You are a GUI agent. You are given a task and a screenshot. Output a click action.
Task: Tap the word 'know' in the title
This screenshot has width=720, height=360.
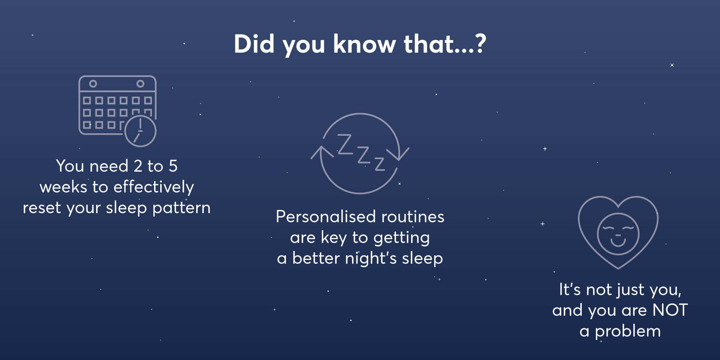[x=364, y=44]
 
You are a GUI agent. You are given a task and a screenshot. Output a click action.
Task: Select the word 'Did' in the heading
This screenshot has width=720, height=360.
[x=254, y=44]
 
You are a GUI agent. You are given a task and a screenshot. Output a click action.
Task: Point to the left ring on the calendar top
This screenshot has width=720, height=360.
[x=93, y=84]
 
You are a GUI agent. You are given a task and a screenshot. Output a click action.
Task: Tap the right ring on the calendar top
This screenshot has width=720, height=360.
[x=140, y=84]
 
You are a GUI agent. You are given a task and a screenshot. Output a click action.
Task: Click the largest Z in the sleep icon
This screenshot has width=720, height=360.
[x=345, y=144]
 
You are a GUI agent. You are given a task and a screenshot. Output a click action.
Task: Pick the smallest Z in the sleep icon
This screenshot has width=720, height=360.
[x=380, y=164]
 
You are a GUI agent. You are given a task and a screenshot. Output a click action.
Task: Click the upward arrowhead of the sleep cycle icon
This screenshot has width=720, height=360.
[x=321, y=152]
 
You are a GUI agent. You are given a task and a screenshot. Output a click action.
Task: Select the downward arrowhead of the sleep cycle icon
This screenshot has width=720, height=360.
[x=398, y=154]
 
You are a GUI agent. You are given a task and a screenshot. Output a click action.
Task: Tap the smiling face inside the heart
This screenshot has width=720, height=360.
[x=618, y=234]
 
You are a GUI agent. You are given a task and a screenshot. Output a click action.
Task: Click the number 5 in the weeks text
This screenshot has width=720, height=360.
[x=173, y=166]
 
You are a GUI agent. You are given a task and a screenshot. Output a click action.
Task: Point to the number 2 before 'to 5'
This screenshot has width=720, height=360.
[x=138, y=166]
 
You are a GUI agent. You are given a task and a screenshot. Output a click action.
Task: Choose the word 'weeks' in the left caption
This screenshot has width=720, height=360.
[x=63, y=187]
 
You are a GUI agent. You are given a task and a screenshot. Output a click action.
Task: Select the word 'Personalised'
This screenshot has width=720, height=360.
[x=326, y=217]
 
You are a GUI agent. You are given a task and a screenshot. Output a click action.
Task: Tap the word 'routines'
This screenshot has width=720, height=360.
[x=413, y=217]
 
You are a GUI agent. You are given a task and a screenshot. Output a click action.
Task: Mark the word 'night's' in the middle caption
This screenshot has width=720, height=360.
[x=371, y=258]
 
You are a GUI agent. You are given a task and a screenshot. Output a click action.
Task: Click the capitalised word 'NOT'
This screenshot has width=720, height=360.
[x=670, y=310]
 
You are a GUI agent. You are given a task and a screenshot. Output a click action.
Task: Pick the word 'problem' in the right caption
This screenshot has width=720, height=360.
[x=628, y=332]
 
